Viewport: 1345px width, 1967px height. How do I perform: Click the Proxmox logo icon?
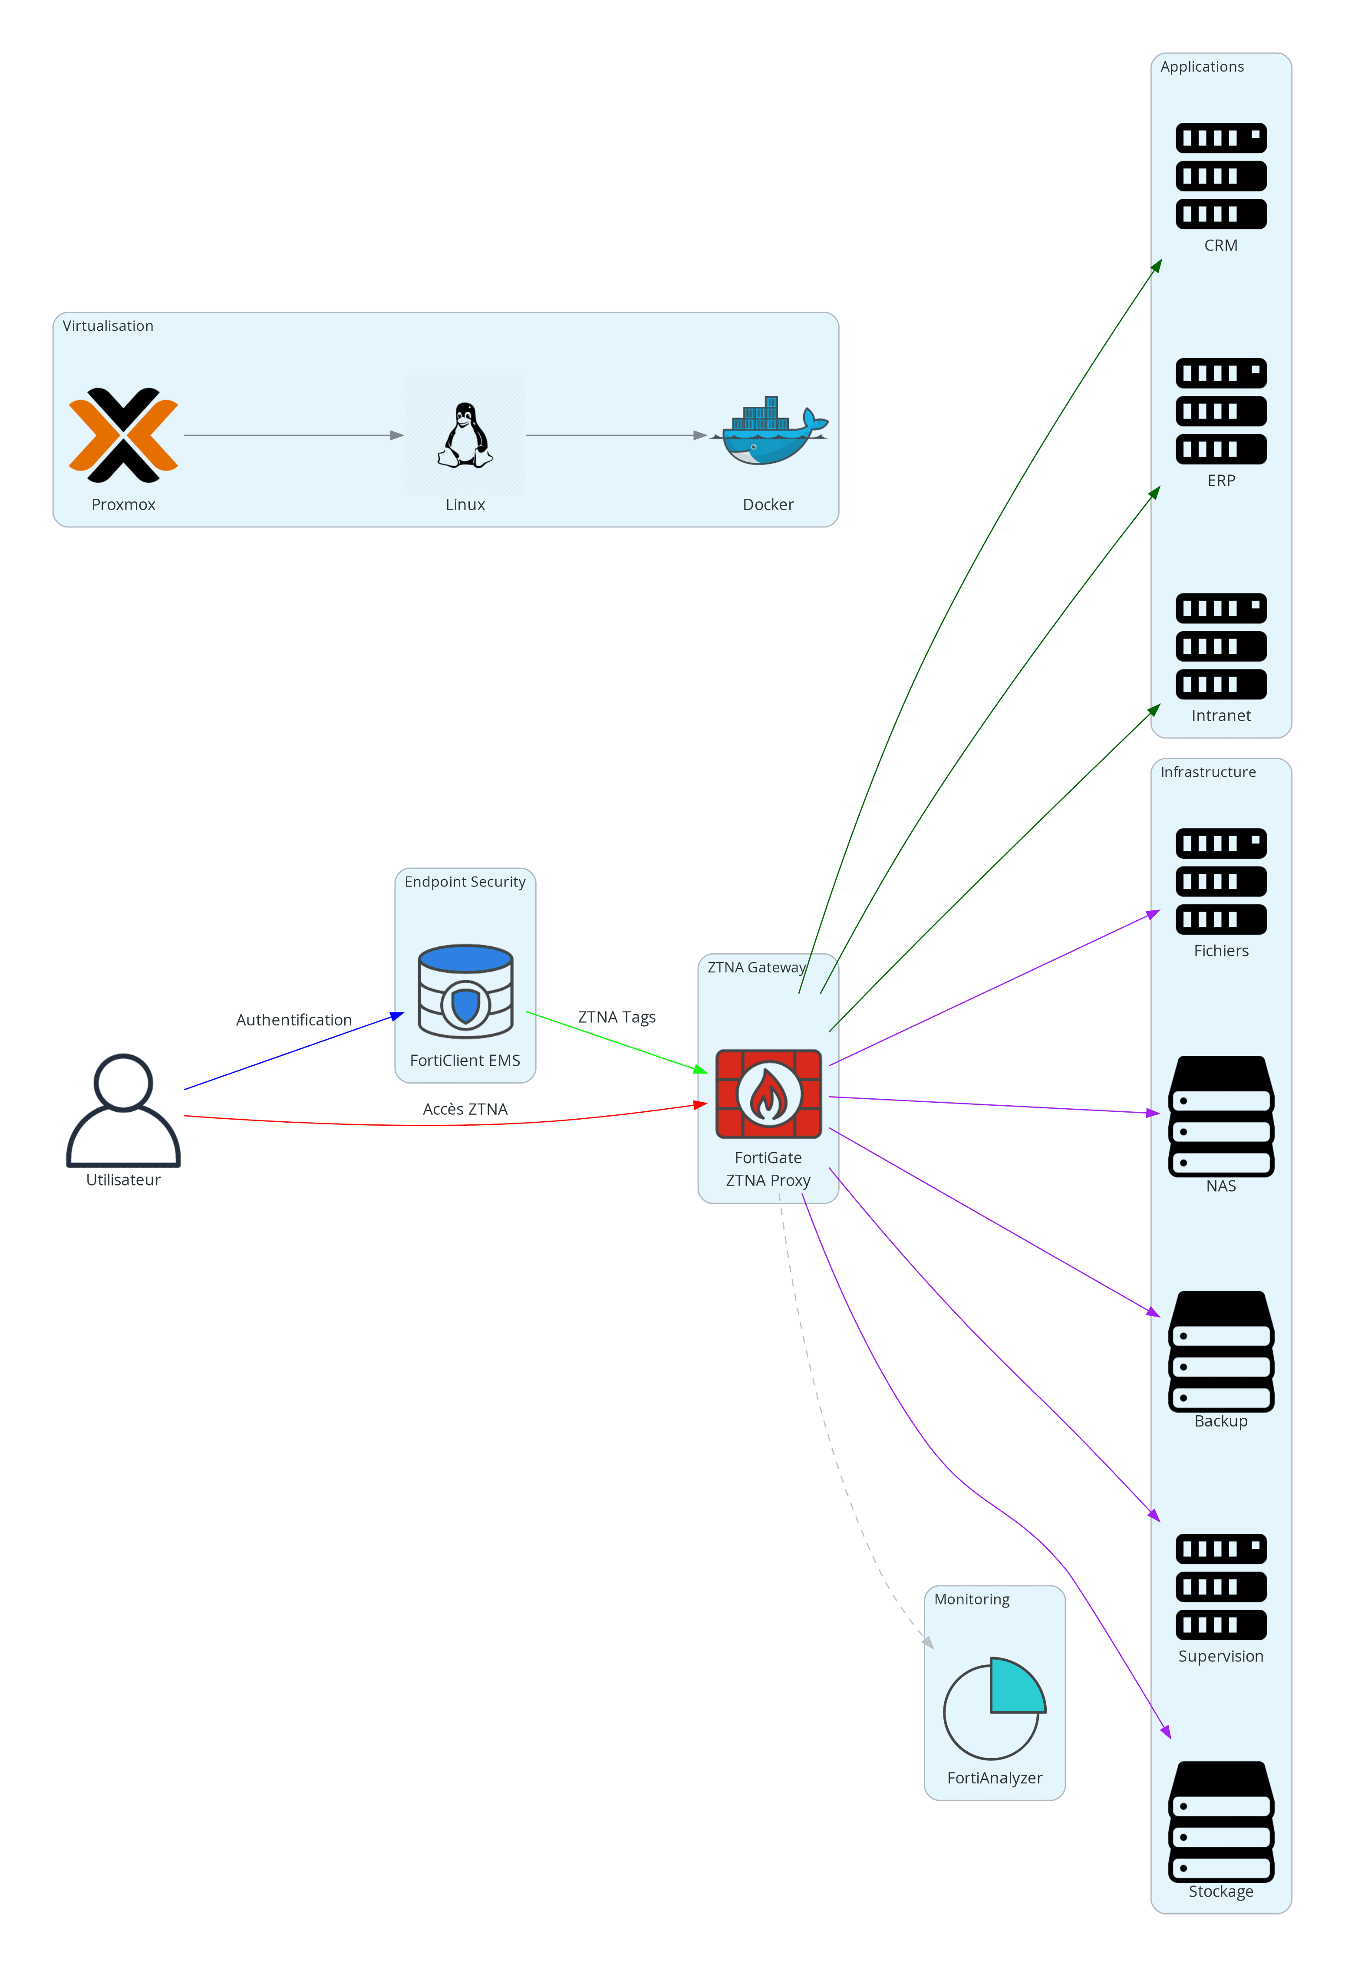(124, 435)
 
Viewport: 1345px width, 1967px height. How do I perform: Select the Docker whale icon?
(768, 432)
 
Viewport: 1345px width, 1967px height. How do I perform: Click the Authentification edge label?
(294, 1020)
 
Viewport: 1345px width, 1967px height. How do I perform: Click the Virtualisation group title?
(109, 326)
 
